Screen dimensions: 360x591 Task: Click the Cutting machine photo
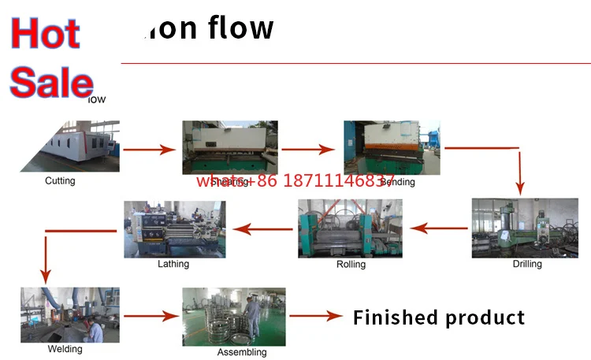70,146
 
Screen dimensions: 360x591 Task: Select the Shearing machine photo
229,147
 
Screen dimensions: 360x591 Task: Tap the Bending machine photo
392,147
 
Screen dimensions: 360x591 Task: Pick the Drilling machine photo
524,228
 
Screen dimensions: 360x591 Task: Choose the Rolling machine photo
350,228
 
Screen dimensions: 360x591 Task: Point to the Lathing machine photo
174,229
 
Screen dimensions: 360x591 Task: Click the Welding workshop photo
70,314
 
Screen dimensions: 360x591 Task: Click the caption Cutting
60,181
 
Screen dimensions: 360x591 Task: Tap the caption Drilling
527,264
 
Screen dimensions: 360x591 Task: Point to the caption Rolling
351,265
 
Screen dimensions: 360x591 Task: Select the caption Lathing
173,264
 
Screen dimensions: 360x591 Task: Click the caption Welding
65,349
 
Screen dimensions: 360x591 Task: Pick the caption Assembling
242,352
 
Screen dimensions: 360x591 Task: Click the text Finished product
438,317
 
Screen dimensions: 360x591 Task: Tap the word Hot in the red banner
46,33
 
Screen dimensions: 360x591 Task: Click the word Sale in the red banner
51,81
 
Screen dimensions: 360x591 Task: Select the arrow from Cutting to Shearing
148,147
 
